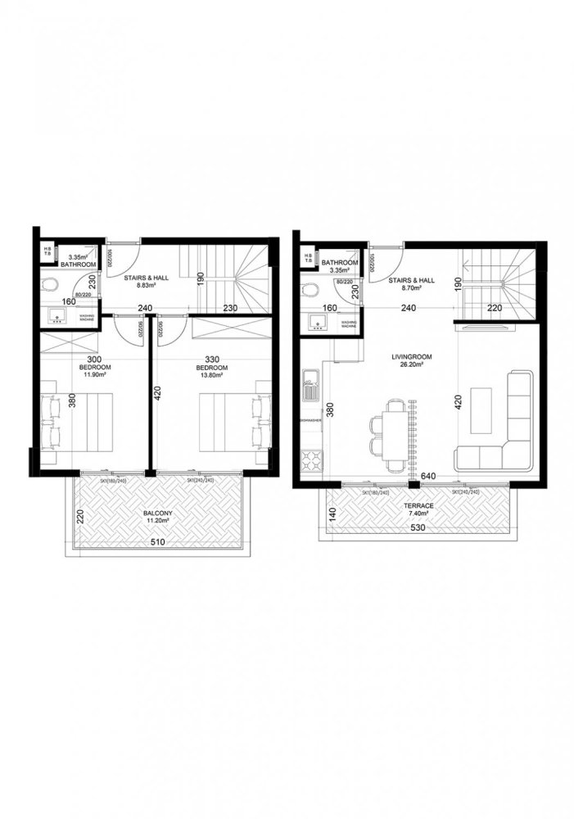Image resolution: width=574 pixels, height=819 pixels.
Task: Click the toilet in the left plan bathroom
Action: coord(49,286)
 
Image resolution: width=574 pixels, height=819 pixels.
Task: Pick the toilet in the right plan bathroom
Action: coord(310,291)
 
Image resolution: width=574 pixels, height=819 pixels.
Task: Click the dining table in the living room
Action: coord(395,435)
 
